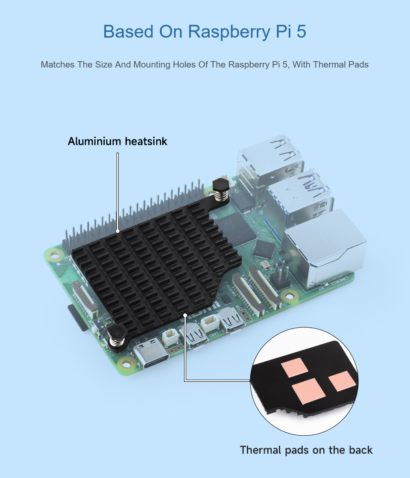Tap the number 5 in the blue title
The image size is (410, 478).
pos(301,31)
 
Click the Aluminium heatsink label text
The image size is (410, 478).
pos(117,142)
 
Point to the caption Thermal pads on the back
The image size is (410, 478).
pos(306,450)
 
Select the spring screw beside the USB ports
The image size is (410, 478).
pos(221,189)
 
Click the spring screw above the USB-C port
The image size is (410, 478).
pos(117,335)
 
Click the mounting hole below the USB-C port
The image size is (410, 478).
pos(126,364)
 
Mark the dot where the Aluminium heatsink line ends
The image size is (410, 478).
pos(117,231)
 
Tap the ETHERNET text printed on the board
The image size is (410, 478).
pos(340,280)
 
